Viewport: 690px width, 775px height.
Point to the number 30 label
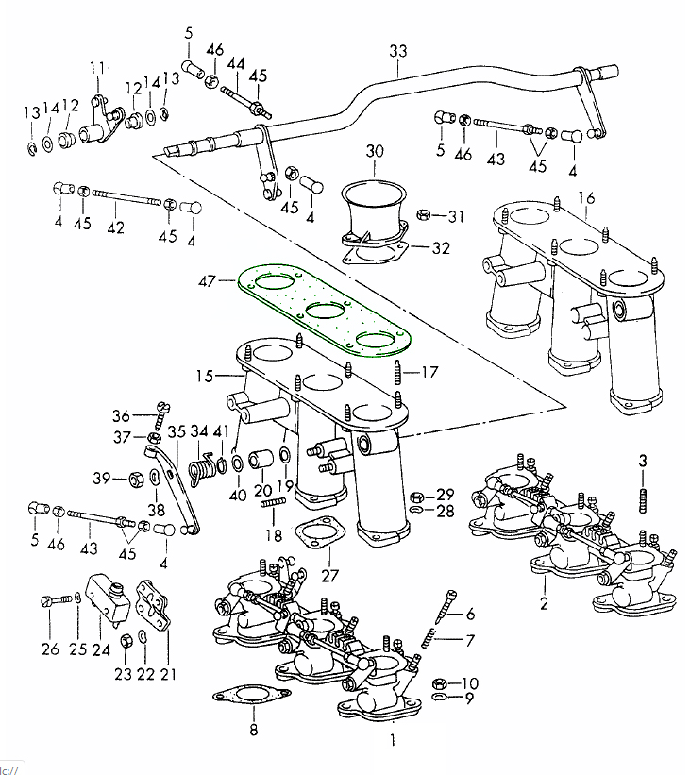click(x=375, y=151)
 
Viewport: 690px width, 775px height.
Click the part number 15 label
click(x=205, y=376)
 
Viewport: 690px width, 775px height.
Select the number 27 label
click(x=328, y=576)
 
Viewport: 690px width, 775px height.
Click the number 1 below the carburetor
click(x=393, y=741)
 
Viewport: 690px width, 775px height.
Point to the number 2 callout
click(x=544, y=604)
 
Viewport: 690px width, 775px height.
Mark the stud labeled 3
click(x=644, y=497)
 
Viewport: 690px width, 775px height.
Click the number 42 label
click(x=115, y=227)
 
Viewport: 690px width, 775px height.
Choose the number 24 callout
click(x=101, y=649)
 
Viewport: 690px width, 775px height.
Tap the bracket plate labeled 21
click(x=155, y=605)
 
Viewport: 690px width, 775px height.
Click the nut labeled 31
click(x=425, y=216)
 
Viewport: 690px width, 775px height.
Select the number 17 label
click(x=429, y=372)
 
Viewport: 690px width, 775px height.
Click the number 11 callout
click(x=96, y=68)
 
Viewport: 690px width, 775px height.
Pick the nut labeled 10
click(x=438, y=682)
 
